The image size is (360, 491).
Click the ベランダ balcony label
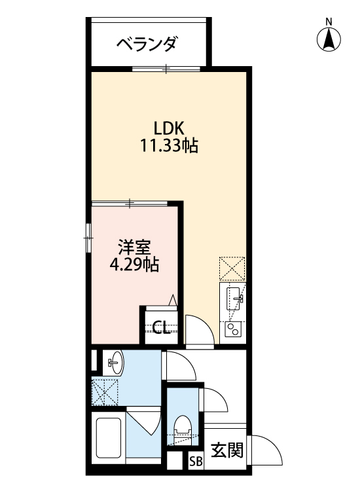point(147,44)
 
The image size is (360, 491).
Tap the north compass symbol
point(329,41)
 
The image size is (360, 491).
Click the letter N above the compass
point(329,22)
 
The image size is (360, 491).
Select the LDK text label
point(168,127)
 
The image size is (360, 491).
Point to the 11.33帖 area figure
point(168,146)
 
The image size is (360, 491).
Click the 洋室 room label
point(135,247)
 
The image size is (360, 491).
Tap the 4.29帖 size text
point(135,265)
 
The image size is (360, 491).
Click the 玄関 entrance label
point(227,450)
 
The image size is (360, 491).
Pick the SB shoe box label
point(196,461)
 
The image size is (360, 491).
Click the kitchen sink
point(234,300)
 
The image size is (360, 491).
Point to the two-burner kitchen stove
point(232,329)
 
